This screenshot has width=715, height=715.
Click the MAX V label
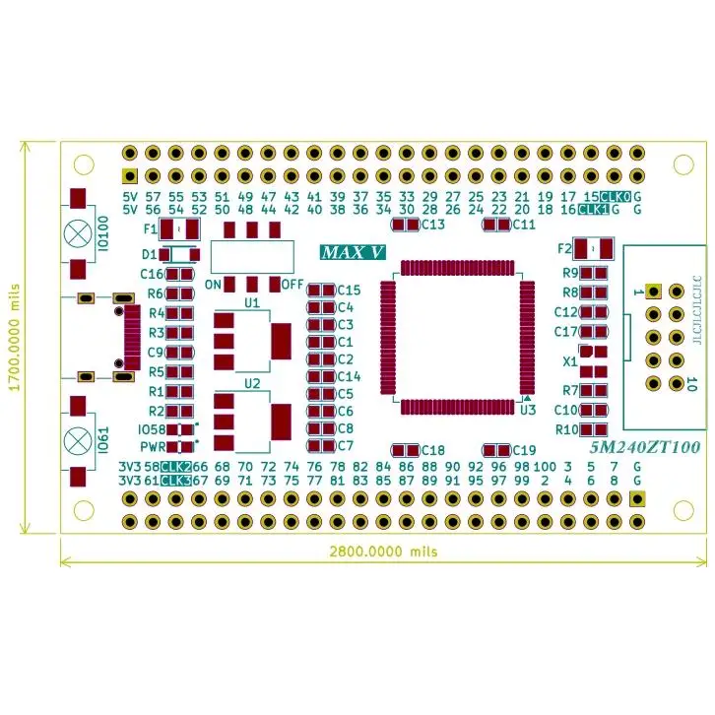click(352, 252)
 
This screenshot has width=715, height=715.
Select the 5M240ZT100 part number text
click(644, 447)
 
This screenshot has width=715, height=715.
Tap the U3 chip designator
click(527, 410)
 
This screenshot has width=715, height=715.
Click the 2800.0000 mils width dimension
click(384, 552)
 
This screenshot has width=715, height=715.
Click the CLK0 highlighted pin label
click(615, 197)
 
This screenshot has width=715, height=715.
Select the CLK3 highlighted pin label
click(175, 481)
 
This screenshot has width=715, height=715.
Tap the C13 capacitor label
click(433, 225)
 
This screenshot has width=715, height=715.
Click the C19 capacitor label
click(524, 450)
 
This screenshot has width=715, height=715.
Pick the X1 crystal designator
click(569, 361)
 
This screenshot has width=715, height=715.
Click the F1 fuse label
click(150, 228)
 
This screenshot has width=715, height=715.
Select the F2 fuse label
click(564, 248)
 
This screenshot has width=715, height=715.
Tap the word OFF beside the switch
click(292, 285)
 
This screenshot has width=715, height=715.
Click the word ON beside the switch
click(213, 285)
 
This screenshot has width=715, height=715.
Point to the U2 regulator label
click(252, 383)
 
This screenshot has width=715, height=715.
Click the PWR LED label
click(153, 446)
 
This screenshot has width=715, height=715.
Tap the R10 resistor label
click(566, 429)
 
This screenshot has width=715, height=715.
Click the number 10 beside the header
click(691, 383)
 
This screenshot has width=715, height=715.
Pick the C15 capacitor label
click(349, 291)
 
